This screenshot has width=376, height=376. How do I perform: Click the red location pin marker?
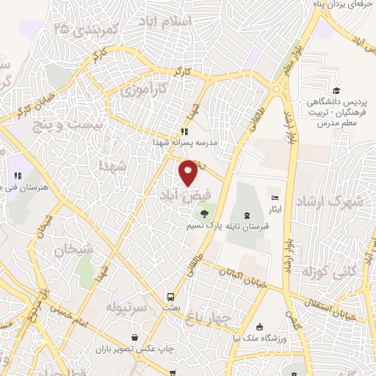click(189, 172)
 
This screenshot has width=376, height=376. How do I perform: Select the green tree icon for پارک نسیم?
click(203, 214)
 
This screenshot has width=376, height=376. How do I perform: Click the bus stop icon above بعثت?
click(171, 297)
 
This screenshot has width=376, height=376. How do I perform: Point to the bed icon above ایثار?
click(275, 198)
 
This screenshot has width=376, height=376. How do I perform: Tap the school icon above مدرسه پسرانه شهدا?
click(183, 132)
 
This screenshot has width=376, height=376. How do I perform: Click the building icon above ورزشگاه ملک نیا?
click(258, 327)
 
